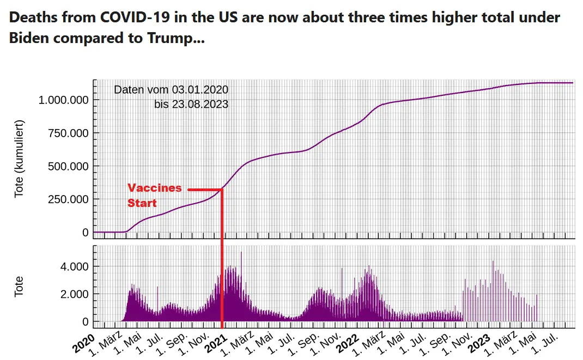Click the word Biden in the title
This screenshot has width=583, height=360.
pyautogui.click(x=29, y=38)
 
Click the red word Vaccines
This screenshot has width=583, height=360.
pyautogui.click(x=154, y=188)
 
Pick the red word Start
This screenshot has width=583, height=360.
pyautogui.click(x=142, y=203)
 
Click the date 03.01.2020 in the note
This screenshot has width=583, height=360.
pyautogui.click(x=200, y=89)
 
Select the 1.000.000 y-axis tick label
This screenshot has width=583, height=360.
pyautogui.click(x=63, y=100)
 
